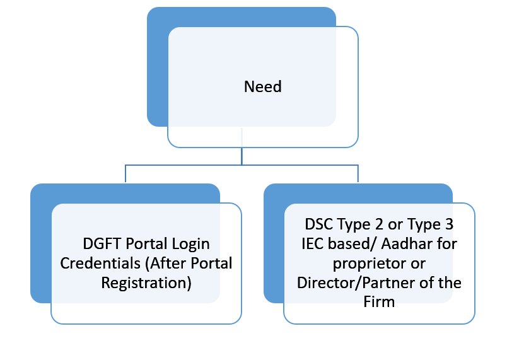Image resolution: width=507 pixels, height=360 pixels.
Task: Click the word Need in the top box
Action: click(x=262, y=86)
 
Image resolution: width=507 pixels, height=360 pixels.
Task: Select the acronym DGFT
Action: click(x=102, y=243)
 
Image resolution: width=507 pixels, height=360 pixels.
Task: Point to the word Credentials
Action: click(x=100, y=264)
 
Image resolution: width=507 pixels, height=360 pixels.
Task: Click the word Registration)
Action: click(x=146, y=283)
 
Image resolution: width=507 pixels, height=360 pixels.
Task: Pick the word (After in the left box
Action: click(x=165, y=264)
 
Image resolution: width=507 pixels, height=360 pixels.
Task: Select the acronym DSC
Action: click(x=319, y=224)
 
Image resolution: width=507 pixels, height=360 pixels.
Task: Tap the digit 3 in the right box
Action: click(x=449, y=224)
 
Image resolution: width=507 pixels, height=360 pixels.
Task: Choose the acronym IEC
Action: click(x=313, y=243)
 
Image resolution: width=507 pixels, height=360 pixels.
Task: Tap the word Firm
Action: click(x=379, y=302)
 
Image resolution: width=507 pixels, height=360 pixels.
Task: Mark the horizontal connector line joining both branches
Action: click(x=242, y=165)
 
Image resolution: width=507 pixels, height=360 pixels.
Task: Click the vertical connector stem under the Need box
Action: click(x=242, y=156)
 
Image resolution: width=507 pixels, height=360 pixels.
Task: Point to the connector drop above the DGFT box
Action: click(x=125, y=174)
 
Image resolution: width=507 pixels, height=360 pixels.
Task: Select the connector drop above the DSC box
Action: click(x=358, y=174)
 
